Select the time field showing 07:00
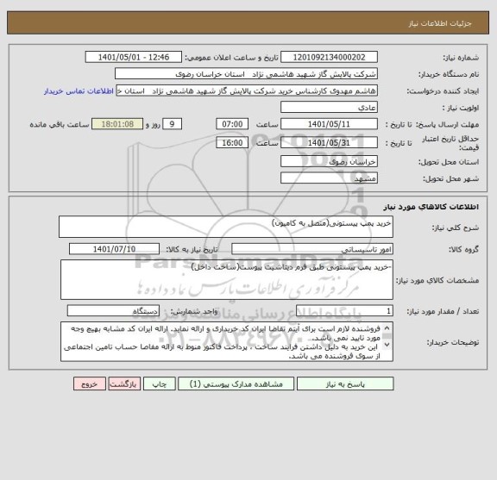[x=230, y=124]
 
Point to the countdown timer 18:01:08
[x=117, y=124]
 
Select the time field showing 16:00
[x=230, y=142]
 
